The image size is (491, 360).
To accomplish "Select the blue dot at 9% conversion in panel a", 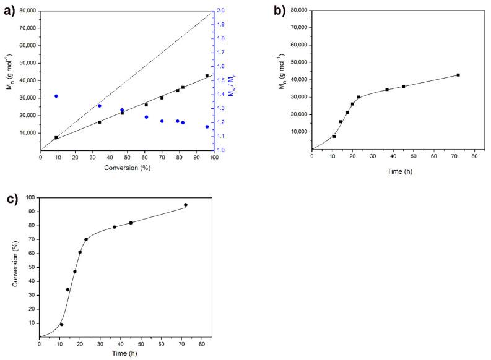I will pyautogui.click(x=56, y=96).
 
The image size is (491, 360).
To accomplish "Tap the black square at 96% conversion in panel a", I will pyautogui.click(x=207, y=75).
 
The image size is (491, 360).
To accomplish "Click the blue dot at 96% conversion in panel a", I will pyautogui.click(x=207, y=127).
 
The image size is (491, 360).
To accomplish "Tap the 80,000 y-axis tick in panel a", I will pyautogui.click(x=25, y=11).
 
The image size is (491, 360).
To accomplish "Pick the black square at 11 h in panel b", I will pyautogui.click(x=334, y=136).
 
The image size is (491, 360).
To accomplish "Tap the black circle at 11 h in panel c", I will pyautogui.click(x=61, y=324).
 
